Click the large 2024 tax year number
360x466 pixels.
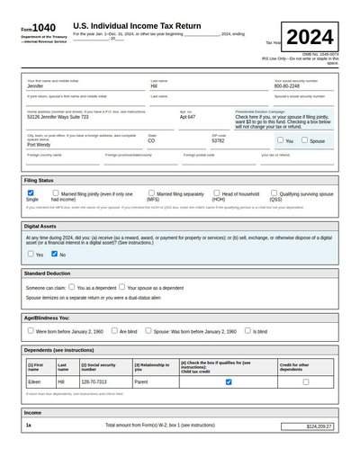tap(310, 38)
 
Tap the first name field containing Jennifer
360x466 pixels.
tap(35, 86)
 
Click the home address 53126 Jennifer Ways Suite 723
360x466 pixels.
tap(58, 117)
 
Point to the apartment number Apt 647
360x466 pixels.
tap(187, 117)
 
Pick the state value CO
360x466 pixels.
tap(151, 141)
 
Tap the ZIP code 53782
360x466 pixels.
tap(218, 141)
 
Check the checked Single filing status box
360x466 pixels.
tap(31, 193)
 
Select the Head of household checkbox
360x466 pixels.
tap(215, 193)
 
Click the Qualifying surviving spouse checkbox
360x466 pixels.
tap(274, 193)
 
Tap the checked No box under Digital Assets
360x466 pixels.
tap(54, 255)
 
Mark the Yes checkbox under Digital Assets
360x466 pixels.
tap(31, 255)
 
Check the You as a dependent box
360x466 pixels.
tap(72, 287)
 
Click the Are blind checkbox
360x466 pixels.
tap(114, 330)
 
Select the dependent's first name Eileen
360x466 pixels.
tap(36, 381)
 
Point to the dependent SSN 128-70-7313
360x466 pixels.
tap(96, 381)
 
